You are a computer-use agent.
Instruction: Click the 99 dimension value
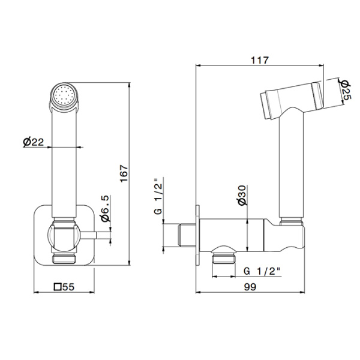[x=252, y=287]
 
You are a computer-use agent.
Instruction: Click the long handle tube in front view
[x=64, y=162]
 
